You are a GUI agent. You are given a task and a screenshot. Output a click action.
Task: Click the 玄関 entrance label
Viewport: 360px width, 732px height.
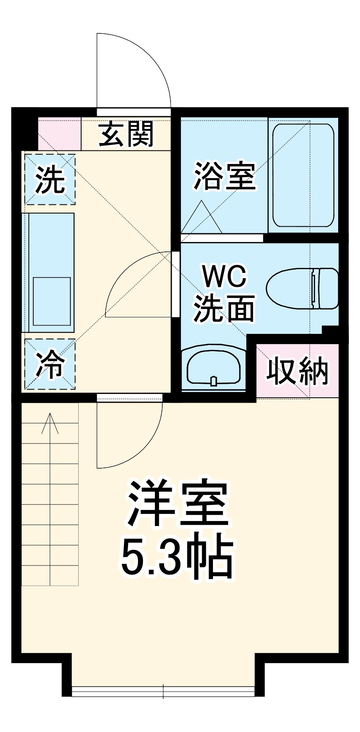tap(126, 134)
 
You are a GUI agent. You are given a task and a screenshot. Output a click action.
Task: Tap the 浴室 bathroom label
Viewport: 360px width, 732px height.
tap(225, 176)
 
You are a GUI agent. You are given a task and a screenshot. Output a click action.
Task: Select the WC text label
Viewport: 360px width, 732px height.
tap(224, 277)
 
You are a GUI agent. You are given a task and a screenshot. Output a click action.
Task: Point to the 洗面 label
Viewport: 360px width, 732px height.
tap(224, 308)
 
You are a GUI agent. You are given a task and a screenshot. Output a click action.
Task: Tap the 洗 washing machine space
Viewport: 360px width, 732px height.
tap(50, 179)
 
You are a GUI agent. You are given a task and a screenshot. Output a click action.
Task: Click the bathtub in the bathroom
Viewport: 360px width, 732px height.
tap(303, 175)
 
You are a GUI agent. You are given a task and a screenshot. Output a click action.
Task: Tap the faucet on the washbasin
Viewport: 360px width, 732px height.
tap(213, 381)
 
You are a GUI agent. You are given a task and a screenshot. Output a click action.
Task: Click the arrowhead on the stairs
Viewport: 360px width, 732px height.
tap(50, 420)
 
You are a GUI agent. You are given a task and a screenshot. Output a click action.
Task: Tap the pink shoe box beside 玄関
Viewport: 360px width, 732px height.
tap(59, 134)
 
